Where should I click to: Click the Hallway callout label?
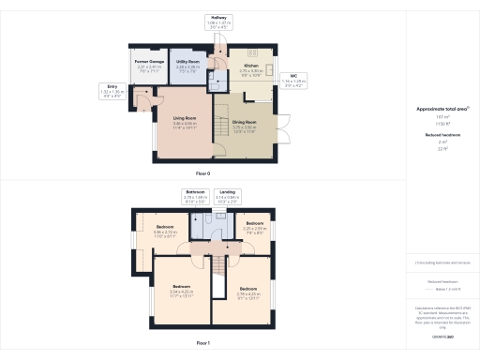[219, 17]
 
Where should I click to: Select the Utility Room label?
[188, 62]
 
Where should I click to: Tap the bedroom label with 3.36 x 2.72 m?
[165, 228]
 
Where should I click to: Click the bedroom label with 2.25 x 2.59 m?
[255, 223]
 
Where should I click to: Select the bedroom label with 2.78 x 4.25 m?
[247, 288]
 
